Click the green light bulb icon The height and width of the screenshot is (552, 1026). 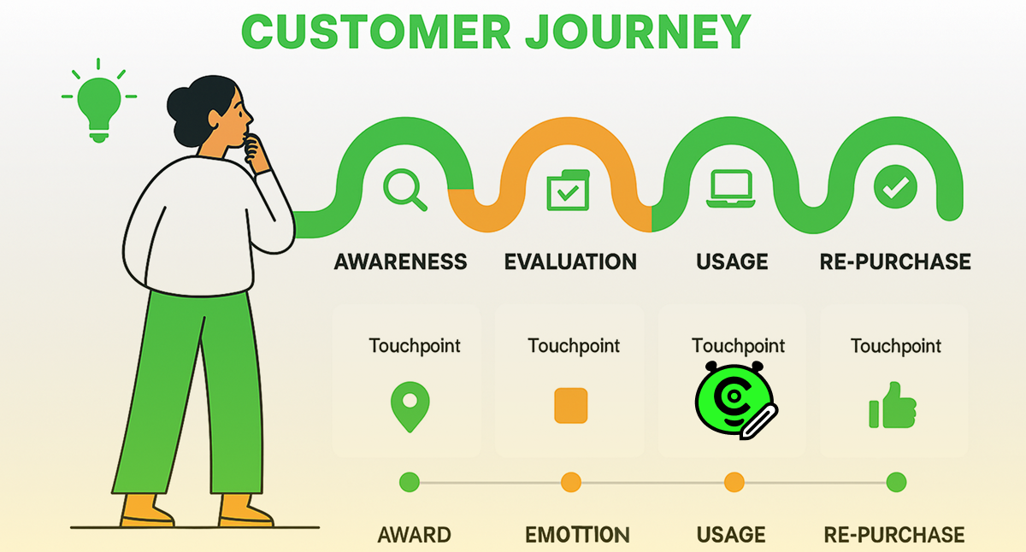pos(98,106)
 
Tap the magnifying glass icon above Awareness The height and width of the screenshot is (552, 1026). pos(404,189)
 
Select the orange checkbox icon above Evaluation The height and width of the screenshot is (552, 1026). pos(567,189)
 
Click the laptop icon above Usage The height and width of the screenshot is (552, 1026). pos(729,189)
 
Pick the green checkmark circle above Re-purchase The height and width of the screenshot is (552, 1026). pos(895,187)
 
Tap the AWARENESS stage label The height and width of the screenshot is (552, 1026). pos(400,261)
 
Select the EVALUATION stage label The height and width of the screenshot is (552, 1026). pos(570,261)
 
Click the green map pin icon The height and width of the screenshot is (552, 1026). pos(409,406)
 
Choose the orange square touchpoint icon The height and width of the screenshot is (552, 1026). pos(571,405)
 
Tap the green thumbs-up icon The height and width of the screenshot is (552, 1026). pos(893,406)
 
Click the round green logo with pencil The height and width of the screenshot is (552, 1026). pos(735,401)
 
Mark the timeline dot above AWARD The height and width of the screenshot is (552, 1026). pos(410,483)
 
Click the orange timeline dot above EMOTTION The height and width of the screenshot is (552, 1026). pos(571,483)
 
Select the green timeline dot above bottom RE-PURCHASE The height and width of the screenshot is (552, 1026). pos(895,483)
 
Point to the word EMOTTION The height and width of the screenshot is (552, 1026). pos(577,536)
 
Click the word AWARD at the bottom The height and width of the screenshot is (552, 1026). pos(414,536)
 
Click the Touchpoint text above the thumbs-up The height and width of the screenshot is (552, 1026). pos(895,346)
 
